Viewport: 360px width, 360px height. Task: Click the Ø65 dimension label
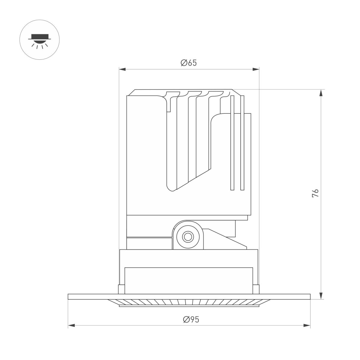[189, 63]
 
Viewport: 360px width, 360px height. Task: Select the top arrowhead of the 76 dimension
[321, 93]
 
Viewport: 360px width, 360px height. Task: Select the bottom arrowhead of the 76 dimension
[321, 296]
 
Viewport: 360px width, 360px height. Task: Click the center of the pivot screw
[188, 237]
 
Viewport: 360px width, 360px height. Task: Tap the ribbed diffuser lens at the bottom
[189, 302]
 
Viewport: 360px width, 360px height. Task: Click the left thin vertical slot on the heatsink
[232, 143]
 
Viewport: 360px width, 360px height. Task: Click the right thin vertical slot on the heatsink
[242, 143]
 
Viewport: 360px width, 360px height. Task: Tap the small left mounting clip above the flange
[121, 289]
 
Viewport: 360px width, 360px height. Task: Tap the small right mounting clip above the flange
[256, 289]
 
